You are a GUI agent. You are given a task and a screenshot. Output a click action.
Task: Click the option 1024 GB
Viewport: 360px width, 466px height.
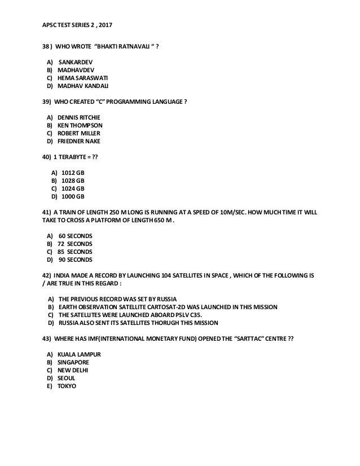click(x=73, y=188)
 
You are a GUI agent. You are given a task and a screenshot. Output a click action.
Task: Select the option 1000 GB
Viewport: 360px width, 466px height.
click(x=73, y=196)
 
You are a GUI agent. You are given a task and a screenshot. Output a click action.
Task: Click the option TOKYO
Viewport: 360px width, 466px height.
click(x=67, y=386)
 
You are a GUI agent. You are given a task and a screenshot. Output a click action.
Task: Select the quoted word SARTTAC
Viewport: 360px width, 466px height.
click(x=241, y=338)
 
